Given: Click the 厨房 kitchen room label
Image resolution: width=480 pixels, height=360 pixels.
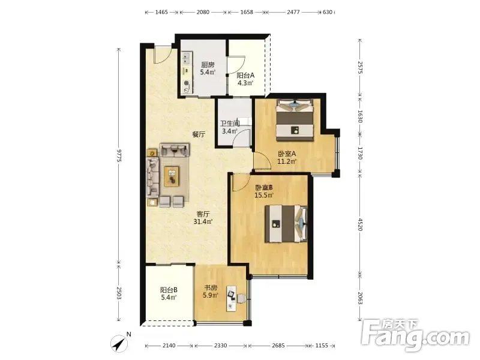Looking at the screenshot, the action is (x=208, y=65).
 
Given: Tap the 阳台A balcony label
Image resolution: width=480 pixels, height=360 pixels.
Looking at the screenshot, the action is (x=245, y=76).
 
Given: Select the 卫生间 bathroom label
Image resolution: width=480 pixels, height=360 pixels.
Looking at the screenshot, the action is (x=230, y=124).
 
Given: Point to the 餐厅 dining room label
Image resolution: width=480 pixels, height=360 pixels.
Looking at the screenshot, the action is (x=199, y=134).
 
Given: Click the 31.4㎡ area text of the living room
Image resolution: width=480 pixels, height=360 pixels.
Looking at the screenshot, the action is (x=203, y=221).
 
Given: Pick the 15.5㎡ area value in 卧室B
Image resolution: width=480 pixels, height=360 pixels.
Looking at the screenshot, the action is (x=264, y=195).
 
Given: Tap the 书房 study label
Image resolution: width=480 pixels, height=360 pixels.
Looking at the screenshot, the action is (x=211, y=288).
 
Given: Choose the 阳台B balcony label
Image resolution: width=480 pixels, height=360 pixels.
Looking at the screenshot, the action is (x=169, y=290).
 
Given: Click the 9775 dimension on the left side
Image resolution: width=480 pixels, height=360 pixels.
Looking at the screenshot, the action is (x=119, y=156).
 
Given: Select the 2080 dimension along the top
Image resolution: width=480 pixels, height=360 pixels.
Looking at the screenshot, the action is (x=203, y=12).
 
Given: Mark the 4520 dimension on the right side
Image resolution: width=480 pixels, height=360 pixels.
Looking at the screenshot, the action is (x=360, y=224).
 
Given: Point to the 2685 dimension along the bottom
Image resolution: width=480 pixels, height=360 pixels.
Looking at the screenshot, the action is (x=278, y=346).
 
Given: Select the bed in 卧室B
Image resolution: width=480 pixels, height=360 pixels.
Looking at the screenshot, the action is (x=286, y=224).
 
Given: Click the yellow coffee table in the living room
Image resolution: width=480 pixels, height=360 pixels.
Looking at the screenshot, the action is (x=172, y=176).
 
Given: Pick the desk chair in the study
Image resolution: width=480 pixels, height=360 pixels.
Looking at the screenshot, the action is (x=241, y=298).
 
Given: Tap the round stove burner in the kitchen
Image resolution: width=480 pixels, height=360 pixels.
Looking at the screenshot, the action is (x=187, y=83).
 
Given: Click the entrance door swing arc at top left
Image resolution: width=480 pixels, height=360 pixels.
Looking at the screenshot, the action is (x=163, y=55).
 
